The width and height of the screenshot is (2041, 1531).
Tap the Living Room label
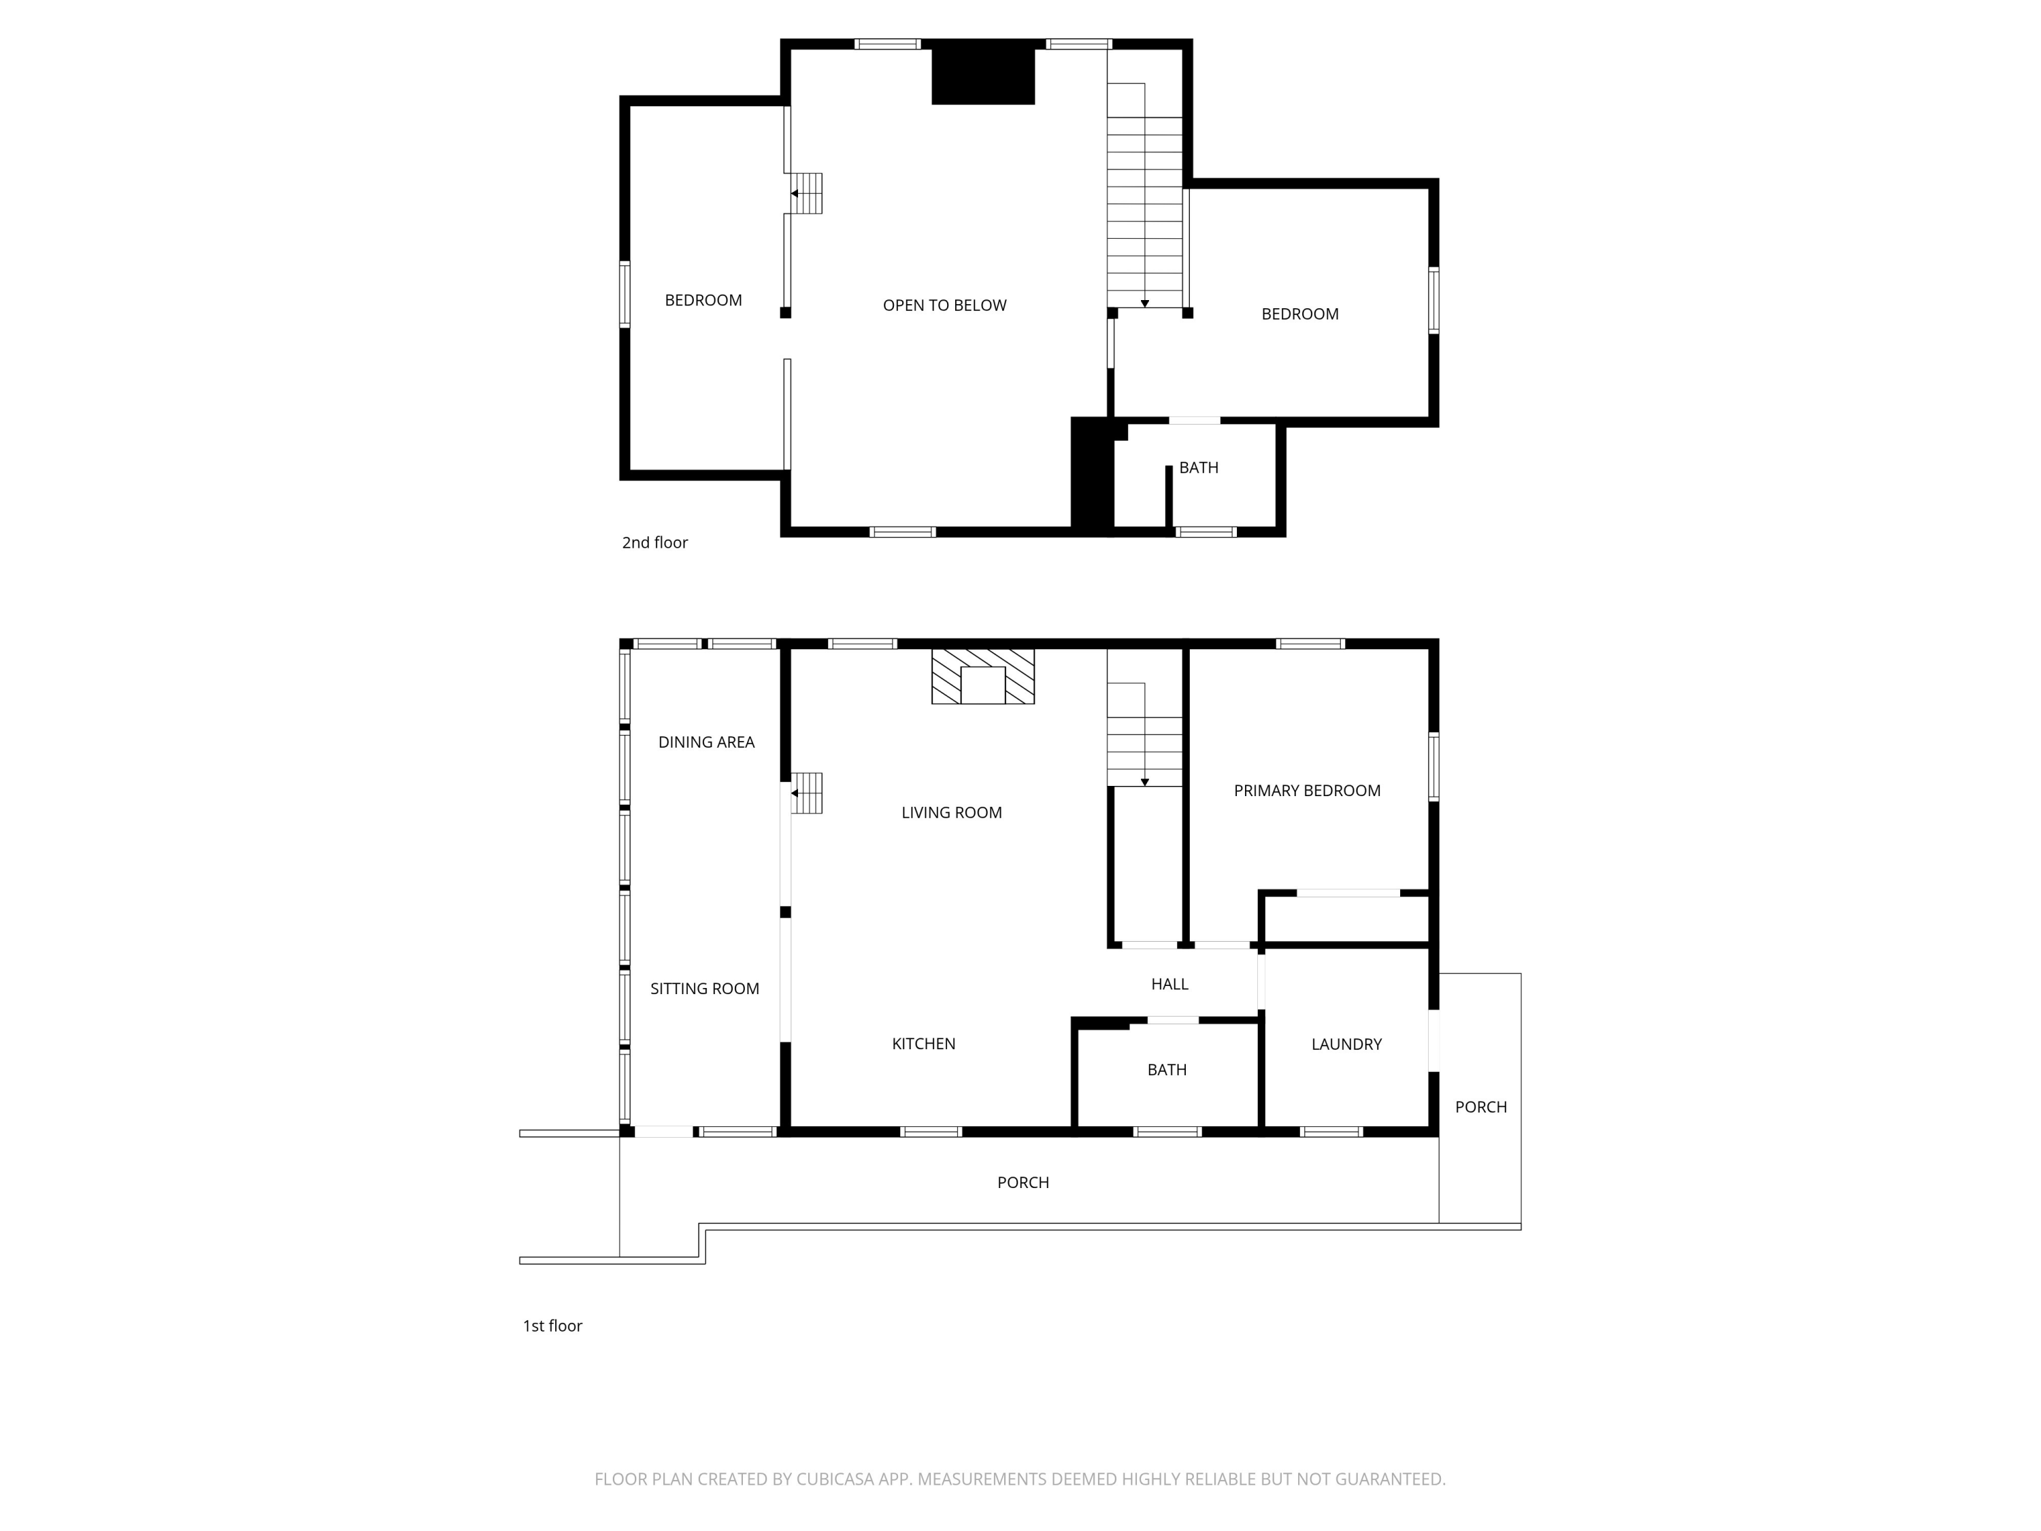tap(951, 813)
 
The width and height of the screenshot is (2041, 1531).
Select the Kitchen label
tap(924, 1044)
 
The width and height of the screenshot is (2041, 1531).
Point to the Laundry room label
tap(1346, 1044)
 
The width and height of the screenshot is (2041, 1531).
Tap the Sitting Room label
tap(705, 989)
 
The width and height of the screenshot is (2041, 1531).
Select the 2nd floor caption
tap(654, 542)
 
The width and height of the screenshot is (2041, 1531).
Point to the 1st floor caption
tap(552, 1326)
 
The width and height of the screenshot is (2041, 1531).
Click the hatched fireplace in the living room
tap(982, 676)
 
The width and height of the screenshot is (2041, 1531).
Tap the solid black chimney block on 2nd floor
tap(982, 73)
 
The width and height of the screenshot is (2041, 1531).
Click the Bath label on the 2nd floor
tap(1199, 468)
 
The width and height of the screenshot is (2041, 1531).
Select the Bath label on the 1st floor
tap(1167, 1070)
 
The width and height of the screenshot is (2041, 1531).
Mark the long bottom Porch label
tap(1023, 1183)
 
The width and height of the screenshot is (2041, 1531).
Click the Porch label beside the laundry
tap(1481, 1107)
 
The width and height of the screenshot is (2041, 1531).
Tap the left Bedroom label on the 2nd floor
tap(703, 301)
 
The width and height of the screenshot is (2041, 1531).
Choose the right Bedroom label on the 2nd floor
tap(1300, 314)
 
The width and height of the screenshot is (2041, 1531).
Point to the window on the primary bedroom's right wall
tap(1434, 766)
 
